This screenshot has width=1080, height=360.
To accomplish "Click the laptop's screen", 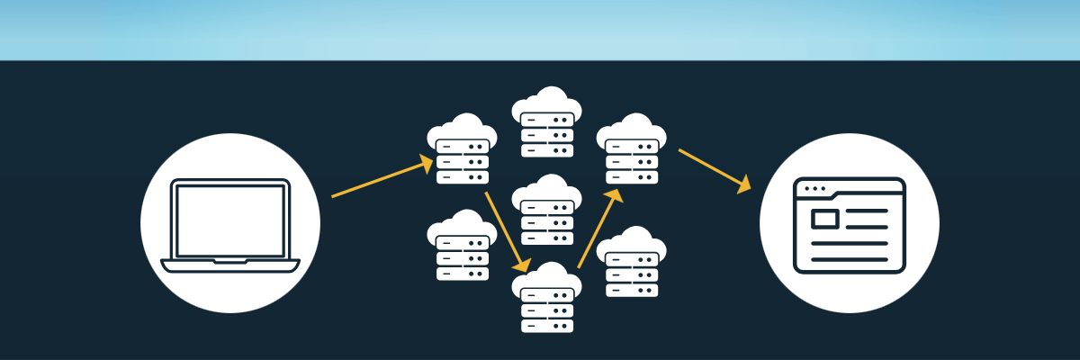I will point(230,219).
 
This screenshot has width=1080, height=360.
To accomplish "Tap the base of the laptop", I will point(230,265).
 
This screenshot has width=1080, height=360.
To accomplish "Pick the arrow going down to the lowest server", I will point(505,229).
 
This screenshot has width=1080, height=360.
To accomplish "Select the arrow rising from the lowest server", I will point(597,229).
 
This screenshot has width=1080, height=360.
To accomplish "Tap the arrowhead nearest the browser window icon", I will point(743,186).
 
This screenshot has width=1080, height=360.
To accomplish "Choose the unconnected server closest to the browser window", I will point(632,265).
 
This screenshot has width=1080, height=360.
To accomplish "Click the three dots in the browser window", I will point(813,189).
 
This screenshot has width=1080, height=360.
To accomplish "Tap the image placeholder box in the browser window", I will point(823,219).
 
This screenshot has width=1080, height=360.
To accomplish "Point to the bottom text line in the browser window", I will point(849,258).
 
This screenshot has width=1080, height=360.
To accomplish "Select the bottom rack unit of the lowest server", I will point(546,326).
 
